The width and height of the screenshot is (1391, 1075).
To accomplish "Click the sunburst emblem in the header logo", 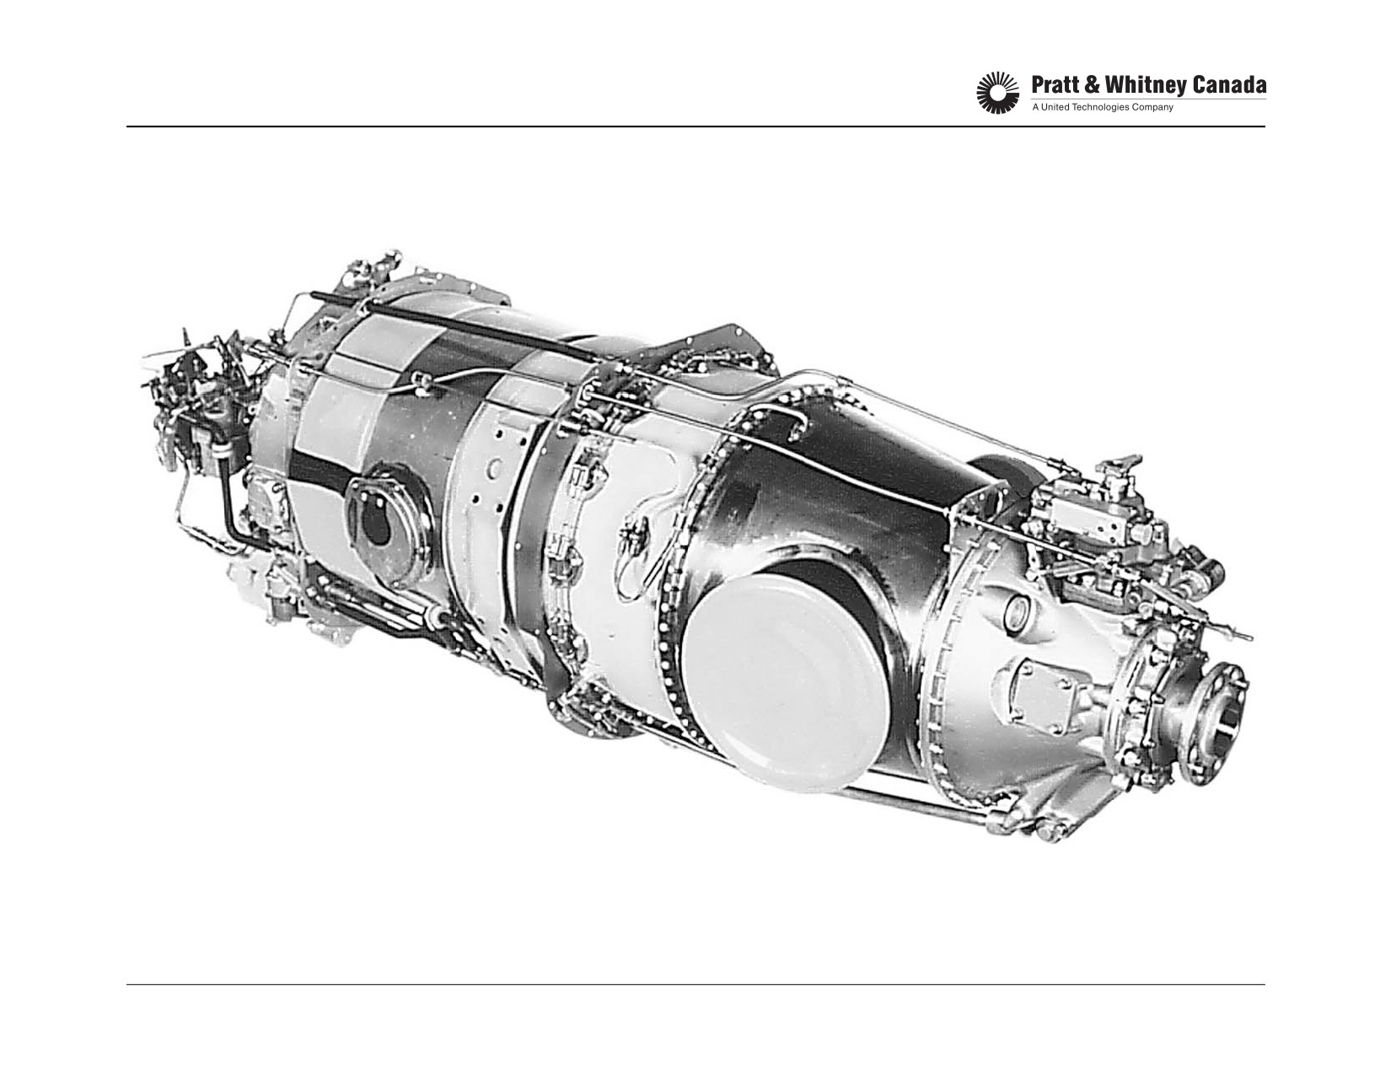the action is [x=997, y=94].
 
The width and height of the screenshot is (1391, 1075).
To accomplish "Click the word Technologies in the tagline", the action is [x=1101, y=108].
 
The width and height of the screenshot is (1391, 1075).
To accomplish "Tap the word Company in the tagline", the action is [x=1153, y=108].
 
